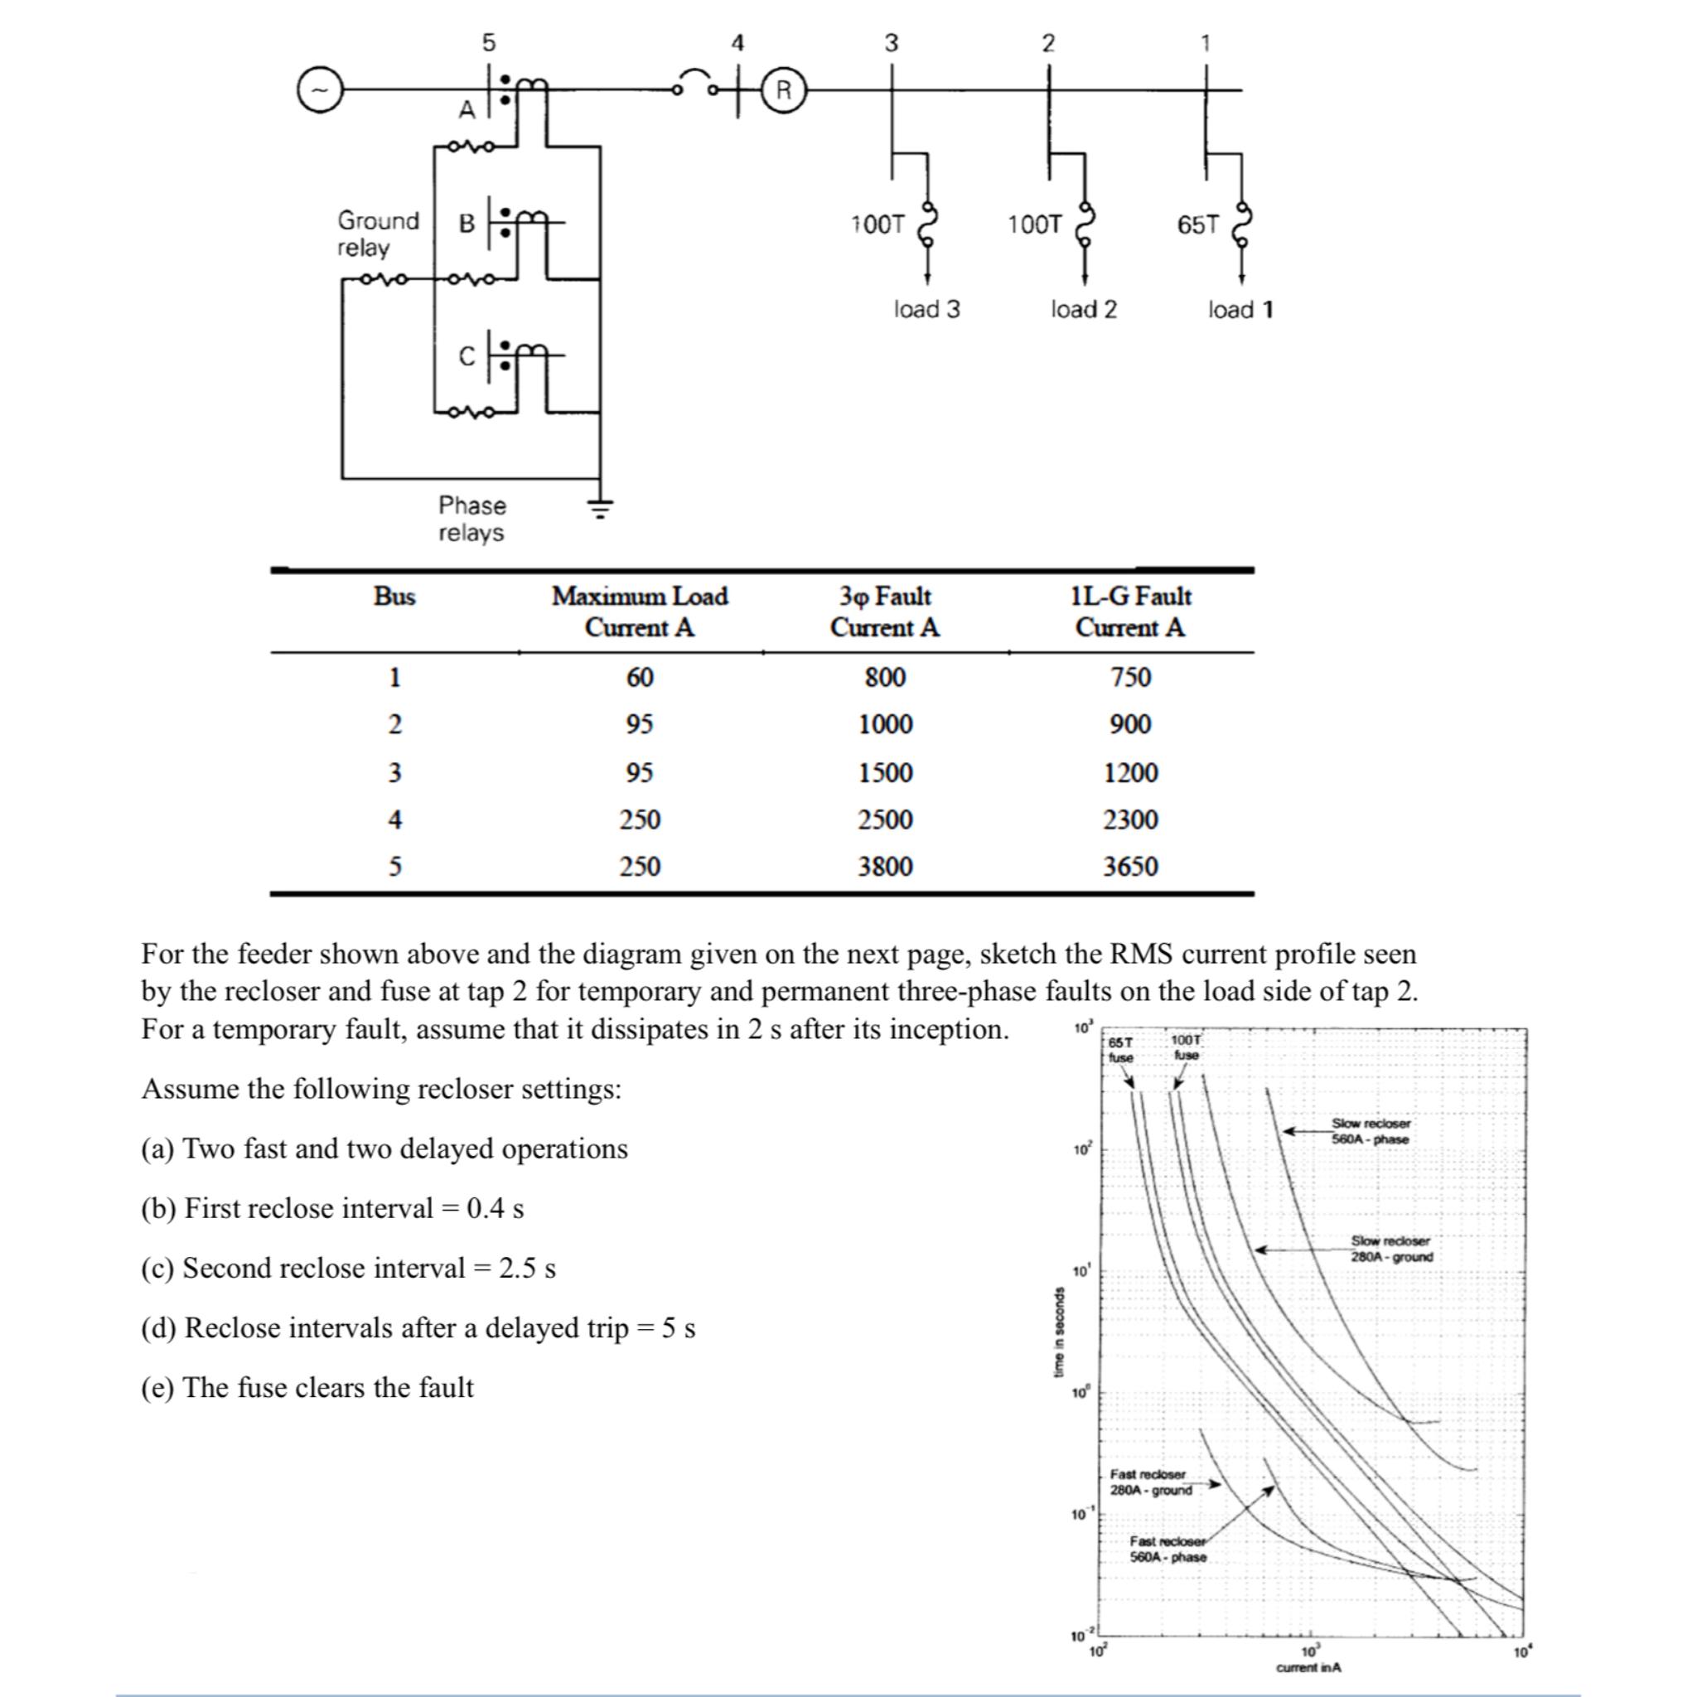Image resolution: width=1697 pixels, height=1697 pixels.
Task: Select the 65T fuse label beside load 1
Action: [1198, 225]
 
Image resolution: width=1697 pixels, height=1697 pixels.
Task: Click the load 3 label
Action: [926, 309]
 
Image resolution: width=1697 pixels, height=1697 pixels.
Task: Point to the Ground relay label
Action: [378, 234]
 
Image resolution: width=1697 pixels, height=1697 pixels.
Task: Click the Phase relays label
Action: [471, 519]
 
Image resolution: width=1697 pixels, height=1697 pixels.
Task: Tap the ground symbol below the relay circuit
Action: [600, 507]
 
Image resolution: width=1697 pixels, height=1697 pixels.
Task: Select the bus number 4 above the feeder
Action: [737, 42]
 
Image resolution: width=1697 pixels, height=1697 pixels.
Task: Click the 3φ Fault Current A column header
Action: [884, 612]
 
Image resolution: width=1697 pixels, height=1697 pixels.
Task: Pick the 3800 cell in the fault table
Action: [886, 866]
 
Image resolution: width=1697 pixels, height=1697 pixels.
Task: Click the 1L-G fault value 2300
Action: [1130, 819]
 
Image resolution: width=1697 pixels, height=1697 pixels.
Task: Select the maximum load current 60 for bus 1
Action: [640, 677]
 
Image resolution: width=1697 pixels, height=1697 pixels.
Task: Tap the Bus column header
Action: [394, 597]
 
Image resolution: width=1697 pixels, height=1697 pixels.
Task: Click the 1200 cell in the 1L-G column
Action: [1130, 773]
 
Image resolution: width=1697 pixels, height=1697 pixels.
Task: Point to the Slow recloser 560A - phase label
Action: [1371, 1131]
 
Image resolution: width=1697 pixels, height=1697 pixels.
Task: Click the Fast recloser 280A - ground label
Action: [1151, 1482]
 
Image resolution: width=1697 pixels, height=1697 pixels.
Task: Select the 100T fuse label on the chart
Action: [1186, 1048]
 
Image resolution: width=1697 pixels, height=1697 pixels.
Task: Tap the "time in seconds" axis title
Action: [1059, 1332]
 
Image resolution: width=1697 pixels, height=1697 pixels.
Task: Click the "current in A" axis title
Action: [1308, 1667]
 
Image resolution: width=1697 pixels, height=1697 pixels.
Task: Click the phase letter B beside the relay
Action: [467, 223]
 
